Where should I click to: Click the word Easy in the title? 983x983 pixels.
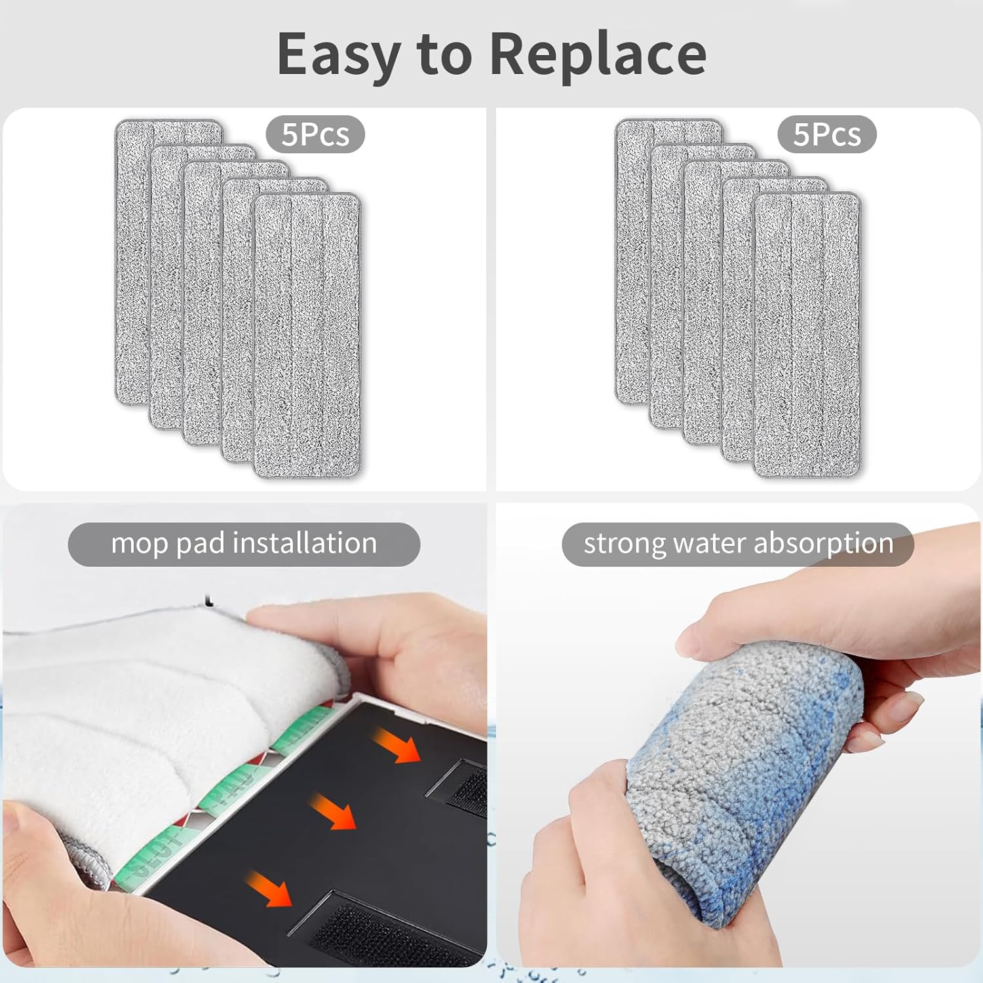tap(338, 55)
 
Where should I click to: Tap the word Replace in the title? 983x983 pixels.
tap(598, 55)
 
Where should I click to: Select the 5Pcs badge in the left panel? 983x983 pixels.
tap(315, 134)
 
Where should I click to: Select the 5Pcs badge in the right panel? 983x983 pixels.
tap(827, 134)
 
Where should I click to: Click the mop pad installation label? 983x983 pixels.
tap(244, 544)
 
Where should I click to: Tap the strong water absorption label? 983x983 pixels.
tap(738, 544)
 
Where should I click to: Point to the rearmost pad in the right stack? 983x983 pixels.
tap(632, 262)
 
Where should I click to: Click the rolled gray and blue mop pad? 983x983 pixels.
tap(747, 767)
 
